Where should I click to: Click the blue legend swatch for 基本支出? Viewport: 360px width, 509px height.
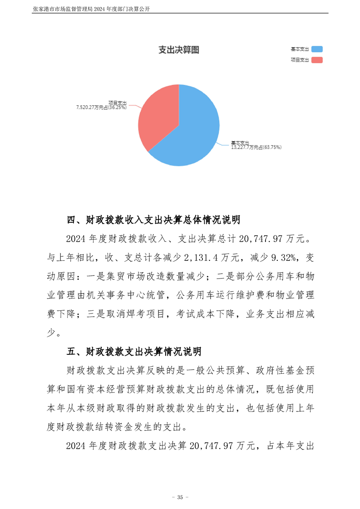click(317, 49)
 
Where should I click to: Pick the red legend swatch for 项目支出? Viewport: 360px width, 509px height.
click(317, 60)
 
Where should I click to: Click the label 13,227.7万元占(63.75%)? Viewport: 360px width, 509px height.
click(256, 147)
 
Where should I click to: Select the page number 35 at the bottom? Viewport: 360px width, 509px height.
click(180, 497)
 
